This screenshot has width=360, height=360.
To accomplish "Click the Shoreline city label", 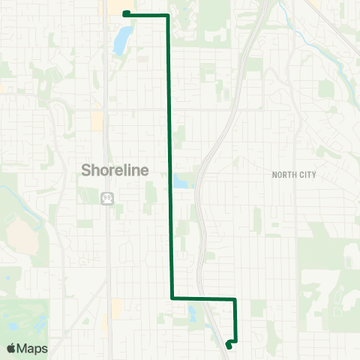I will [x=115, y=170].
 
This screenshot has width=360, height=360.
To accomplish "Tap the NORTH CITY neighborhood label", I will [x=294, y=175].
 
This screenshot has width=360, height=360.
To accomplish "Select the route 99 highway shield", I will [x=107, y=196].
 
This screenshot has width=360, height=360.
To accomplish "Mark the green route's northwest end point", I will [x=125, y=13].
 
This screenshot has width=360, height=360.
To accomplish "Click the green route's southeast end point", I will [x=228, y=345].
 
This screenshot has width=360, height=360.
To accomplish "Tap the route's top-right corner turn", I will [x=167, y=15].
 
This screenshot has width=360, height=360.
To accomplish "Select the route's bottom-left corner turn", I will [x=172, y=298].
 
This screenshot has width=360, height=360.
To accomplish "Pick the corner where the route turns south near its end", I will [x=235, y=299].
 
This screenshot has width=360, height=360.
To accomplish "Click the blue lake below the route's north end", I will [x=120, y=41].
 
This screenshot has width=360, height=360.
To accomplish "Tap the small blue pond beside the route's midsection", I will [x=181, y=182].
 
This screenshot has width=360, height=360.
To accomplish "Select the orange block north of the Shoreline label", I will [x=97, y=121].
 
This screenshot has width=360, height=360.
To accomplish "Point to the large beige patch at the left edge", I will [x=22, y=238].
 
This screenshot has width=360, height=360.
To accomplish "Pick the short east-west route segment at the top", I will [x=146, y=14].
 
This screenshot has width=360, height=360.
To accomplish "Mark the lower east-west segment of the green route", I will [x=204, y=298].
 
